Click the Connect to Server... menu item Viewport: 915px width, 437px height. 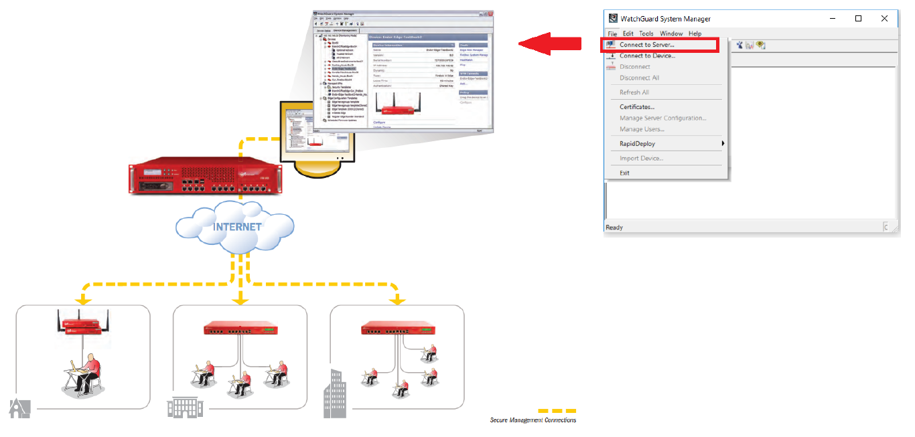[646, 45]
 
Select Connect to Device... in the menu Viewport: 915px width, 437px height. [647, 56]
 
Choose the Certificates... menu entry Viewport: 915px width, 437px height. [637, 106]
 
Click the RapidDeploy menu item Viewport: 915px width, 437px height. [637, 143]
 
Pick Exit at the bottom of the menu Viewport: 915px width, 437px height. [624, 173]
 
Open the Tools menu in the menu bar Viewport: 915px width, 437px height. [646, 33]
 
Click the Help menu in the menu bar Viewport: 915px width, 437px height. [695, 33]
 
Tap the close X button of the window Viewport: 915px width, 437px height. [884, 19]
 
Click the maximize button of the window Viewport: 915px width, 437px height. [858, 19]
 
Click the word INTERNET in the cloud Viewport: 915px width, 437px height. [237, 226]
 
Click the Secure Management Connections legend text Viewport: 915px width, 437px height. [533, 420]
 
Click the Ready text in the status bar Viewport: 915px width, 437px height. [614, 228]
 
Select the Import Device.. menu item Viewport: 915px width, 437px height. [641, 158]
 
